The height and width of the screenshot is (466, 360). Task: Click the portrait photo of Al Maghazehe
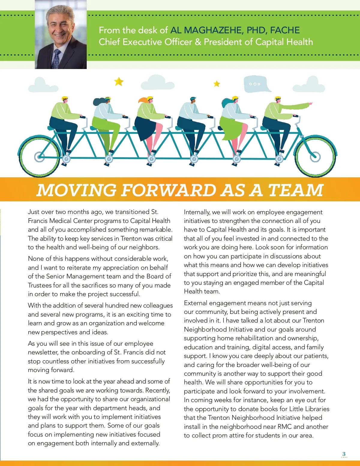pos(61,35)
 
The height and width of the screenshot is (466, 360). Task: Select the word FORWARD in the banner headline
pos(168,190)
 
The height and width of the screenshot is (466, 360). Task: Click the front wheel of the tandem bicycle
pos(315,156)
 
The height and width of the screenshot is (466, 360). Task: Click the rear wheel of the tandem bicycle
pos(39,156)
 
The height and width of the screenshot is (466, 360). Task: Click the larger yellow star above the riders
pos(119,81)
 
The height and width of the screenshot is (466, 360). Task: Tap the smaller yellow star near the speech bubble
pos(217,84)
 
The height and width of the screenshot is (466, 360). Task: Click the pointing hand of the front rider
pos(310,104)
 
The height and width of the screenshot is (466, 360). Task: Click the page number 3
pos(344,454)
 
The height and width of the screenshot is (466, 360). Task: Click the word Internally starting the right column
pos(197,212)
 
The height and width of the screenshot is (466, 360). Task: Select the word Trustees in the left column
pos(40,285)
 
